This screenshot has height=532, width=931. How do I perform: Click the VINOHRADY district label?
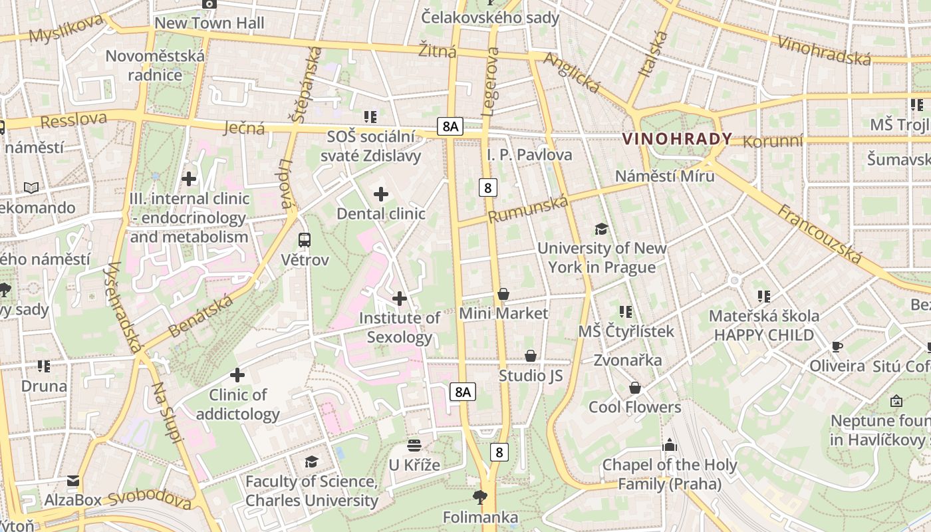(x=677, y=139)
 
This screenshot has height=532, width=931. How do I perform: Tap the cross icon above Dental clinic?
(x=381, y=194)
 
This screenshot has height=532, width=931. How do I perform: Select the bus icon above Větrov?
(x=305, y=240)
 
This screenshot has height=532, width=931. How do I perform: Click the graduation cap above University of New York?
(x=601, y=229)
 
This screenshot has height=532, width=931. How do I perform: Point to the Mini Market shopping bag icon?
(x=503, y=294)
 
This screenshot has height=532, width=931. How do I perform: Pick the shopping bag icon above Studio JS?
(x=531, y=356)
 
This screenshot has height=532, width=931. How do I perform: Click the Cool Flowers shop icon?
(x=635, y=388)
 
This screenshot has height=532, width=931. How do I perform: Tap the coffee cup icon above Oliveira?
(x=837, y=346)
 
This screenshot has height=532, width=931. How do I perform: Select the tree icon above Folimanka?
(x=480, y=497)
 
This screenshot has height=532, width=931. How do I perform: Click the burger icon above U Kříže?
(x=414, y=445)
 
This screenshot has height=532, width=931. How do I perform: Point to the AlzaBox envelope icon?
(x=73, y=481)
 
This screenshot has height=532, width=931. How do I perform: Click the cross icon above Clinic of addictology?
(x=237, y=375)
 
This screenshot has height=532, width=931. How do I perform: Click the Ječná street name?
(x=244, y=128)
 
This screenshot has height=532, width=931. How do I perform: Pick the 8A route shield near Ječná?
(x=450, y=126)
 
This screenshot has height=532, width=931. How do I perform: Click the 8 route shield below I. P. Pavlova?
(x=488, y=188)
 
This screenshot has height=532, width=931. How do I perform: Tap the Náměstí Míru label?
(x=664, y=176)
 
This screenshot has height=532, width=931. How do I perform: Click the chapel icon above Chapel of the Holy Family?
(x=670, y=445)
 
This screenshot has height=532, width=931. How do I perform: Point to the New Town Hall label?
(x=209, y=23)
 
